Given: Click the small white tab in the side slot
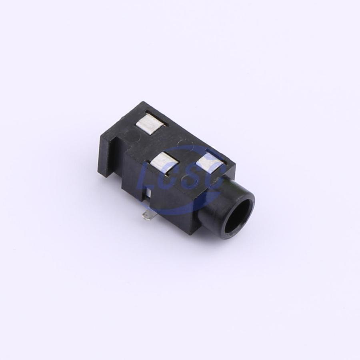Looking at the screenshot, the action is pyautogui.click(x=149, y=192).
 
